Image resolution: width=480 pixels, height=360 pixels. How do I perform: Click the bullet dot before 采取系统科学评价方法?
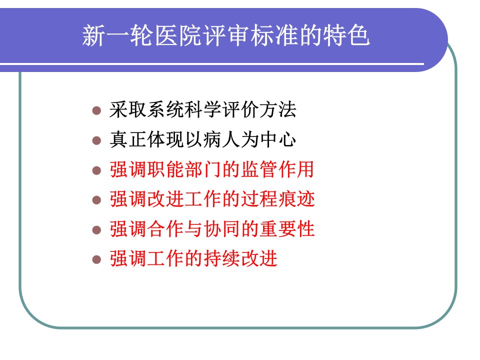point(96,110)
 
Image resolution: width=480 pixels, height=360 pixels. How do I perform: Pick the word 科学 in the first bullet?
point(203,109)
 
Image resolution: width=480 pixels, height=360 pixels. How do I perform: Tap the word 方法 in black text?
point(277,109)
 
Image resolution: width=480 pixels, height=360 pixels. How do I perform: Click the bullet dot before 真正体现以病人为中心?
point(96,140)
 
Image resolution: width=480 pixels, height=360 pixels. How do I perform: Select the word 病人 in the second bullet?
point(221,139)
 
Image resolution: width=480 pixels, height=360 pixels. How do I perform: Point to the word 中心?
point(277,139)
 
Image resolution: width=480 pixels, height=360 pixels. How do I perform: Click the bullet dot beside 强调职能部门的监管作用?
point(96,170)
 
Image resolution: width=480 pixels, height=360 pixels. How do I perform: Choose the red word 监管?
point(259,169)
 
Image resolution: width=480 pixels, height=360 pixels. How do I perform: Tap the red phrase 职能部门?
point(184,169)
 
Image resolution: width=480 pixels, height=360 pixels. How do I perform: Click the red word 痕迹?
point(296,199)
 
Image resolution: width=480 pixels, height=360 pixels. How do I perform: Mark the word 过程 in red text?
point(259,199)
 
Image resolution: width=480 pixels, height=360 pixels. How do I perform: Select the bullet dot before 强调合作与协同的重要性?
point(96,230)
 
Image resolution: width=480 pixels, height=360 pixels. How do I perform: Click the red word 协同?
point(221,228)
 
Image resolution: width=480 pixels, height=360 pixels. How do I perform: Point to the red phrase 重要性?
point(287,228)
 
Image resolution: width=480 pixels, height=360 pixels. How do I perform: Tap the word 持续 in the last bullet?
point(221,258)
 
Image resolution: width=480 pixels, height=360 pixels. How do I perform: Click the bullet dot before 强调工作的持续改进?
point(96,259)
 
